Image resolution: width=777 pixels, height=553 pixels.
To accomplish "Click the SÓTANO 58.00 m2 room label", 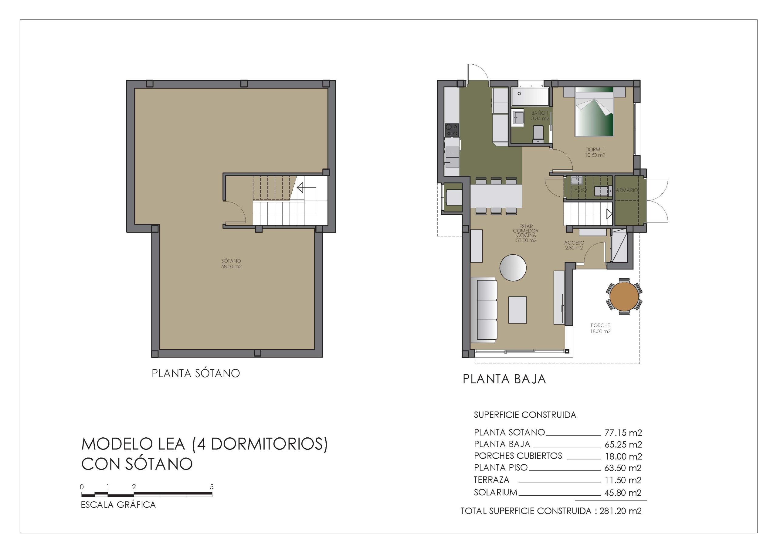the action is (x=231, y=263).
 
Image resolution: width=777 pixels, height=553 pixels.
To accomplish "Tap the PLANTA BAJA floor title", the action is (x=504, y=379).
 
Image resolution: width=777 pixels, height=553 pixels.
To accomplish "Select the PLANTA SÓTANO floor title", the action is (x=196, y=373).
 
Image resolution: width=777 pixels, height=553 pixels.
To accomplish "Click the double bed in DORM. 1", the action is (x=595, y=111).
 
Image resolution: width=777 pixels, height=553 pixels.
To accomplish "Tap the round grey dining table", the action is (x=513, y=268).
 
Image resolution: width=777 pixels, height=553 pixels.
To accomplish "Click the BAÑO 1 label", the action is (x=540, y=113).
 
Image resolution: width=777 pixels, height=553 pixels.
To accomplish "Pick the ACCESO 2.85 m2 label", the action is (x=574, y=245).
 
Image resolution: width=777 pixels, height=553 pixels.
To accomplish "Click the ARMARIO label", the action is (x=627, y=190).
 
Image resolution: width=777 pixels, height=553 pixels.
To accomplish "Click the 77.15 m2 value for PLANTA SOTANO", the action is (x=623, y=433).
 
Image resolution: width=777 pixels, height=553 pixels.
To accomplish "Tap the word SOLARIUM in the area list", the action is (x=495, y=492).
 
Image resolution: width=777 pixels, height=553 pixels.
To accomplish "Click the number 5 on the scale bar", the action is (x=212, y=487).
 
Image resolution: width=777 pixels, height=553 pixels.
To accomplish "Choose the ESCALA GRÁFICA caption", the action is (x=118, y=505).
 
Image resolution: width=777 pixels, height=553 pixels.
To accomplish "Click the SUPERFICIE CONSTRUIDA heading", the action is (x=525, y=415).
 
